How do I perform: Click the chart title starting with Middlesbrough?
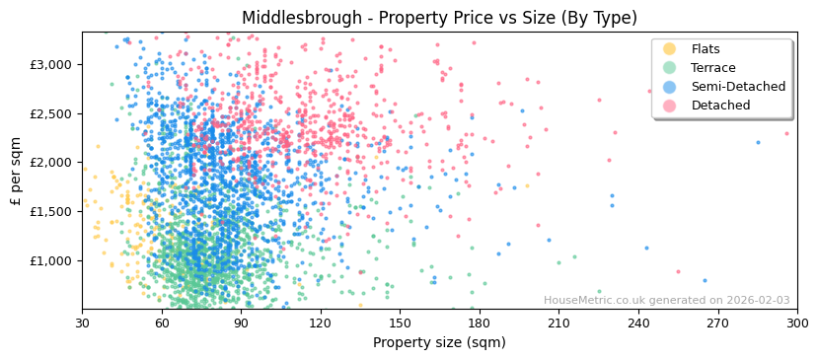pos(439,18)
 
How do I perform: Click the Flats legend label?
pos(705,49)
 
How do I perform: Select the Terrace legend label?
pos(712,68)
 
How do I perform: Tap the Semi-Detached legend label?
pos(738,87)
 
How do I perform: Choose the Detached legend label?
pos(720,106)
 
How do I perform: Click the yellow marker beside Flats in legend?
pos(669,49)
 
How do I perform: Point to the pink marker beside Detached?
pos(669,106)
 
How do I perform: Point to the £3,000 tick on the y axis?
pos(53,64)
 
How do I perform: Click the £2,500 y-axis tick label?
pos(53,113)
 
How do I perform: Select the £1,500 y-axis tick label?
pos(53,211)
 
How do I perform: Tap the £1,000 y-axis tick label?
pos(53,260)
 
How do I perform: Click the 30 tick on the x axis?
pos(82,323)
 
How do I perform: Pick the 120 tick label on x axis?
pos(320,323)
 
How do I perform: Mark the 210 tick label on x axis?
pos(558,323)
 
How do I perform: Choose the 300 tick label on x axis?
pos(796,323)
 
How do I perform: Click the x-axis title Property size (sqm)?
pos(439,342)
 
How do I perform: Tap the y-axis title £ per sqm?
pos(16,170)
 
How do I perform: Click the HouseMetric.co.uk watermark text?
pos(666,301)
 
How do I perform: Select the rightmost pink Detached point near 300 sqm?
pos(786,133)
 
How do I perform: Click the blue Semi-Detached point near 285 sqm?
pos(758,142)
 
